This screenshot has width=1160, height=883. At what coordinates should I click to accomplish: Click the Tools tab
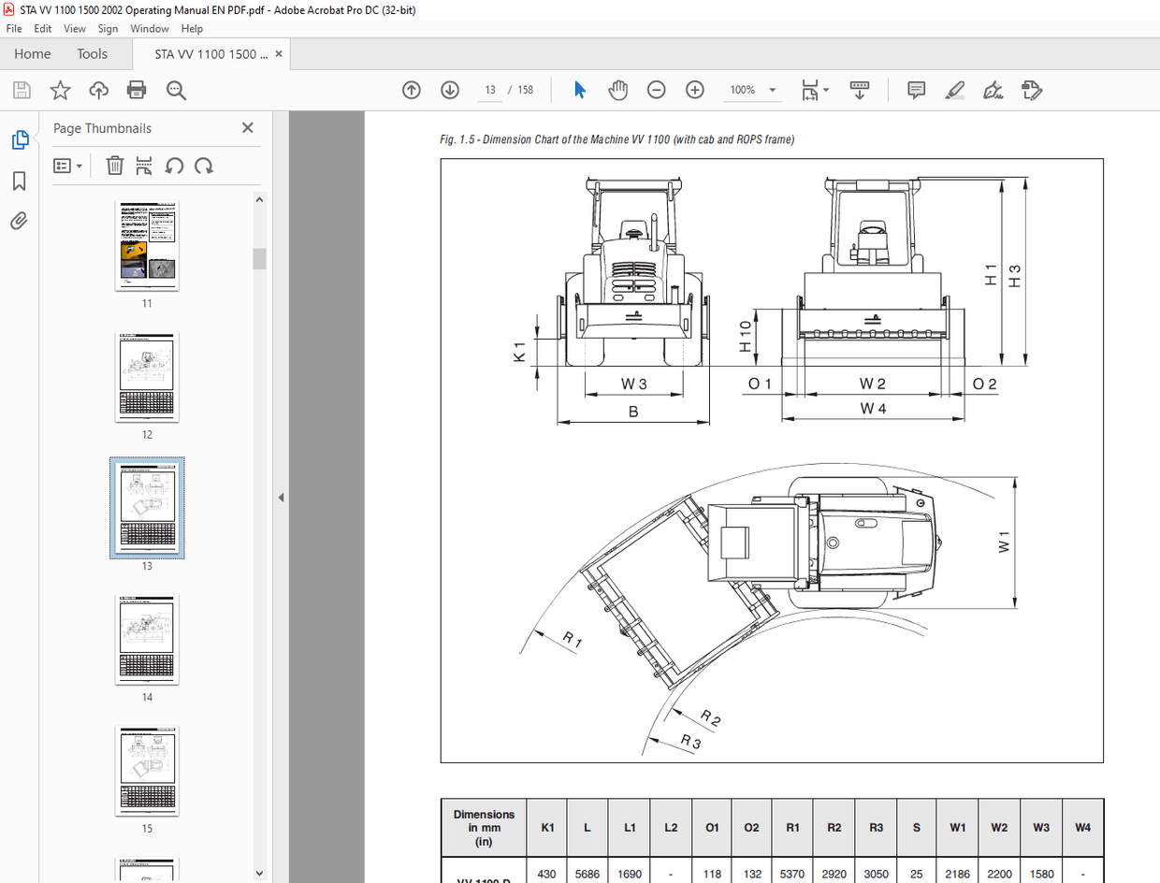(92, 54)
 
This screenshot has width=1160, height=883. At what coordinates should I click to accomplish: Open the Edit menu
(43, 29)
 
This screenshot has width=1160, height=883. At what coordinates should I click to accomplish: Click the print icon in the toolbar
(137, 91)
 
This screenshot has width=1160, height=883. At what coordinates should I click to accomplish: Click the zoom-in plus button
(694, 91)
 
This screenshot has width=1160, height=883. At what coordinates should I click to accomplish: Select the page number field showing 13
(489, 91)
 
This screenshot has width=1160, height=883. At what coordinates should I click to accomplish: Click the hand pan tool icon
(617, 91)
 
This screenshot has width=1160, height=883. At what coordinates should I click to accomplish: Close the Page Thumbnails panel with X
(248, 128)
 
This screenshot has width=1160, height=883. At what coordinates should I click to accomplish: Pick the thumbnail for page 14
(147, 639)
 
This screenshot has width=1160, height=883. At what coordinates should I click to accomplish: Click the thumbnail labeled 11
(147, 245)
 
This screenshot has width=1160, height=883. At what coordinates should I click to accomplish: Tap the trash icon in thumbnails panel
(114, 166)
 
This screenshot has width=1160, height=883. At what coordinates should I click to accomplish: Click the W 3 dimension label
(633, 384)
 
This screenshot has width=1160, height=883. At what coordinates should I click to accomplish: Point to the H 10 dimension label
(746, 337)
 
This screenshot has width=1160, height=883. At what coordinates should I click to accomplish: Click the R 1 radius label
(572, 641)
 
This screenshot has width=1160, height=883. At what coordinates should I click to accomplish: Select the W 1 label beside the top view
(1004, 543)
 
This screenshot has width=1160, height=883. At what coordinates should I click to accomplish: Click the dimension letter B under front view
(633, 412)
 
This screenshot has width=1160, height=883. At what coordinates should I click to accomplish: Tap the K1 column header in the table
(547, 828)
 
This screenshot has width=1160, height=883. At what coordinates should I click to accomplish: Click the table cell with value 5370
(792, 874)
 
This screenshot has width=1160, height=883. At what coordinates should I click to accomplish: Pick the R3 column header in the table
(876, 828)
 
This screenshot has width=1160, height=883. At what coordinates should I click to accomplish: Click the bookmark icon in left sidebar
(19, 181)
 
